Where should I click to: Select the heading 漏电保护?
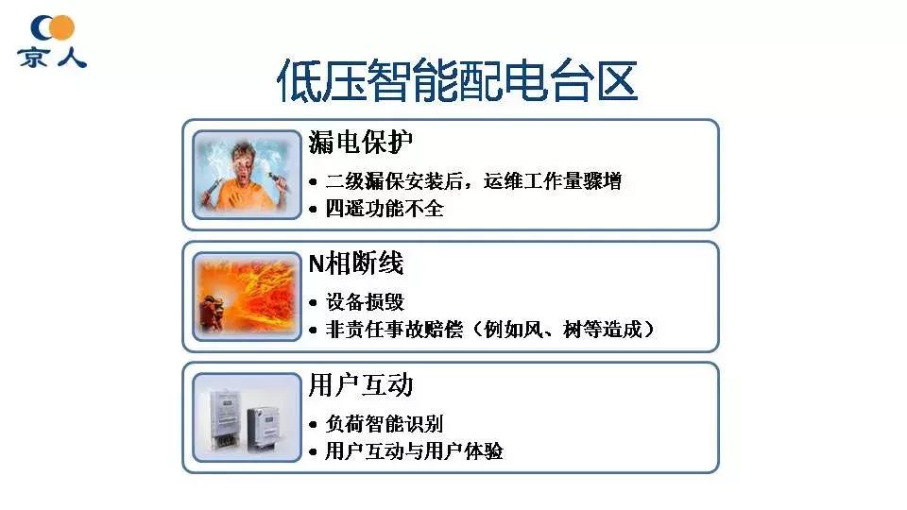tap(362, 143)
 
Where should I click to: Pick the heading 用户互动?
tap(361, 385)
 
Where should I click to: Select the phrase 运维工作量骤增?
tap(561, 181)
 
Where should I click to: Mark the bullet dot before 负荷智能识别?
tap(315, 425)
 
